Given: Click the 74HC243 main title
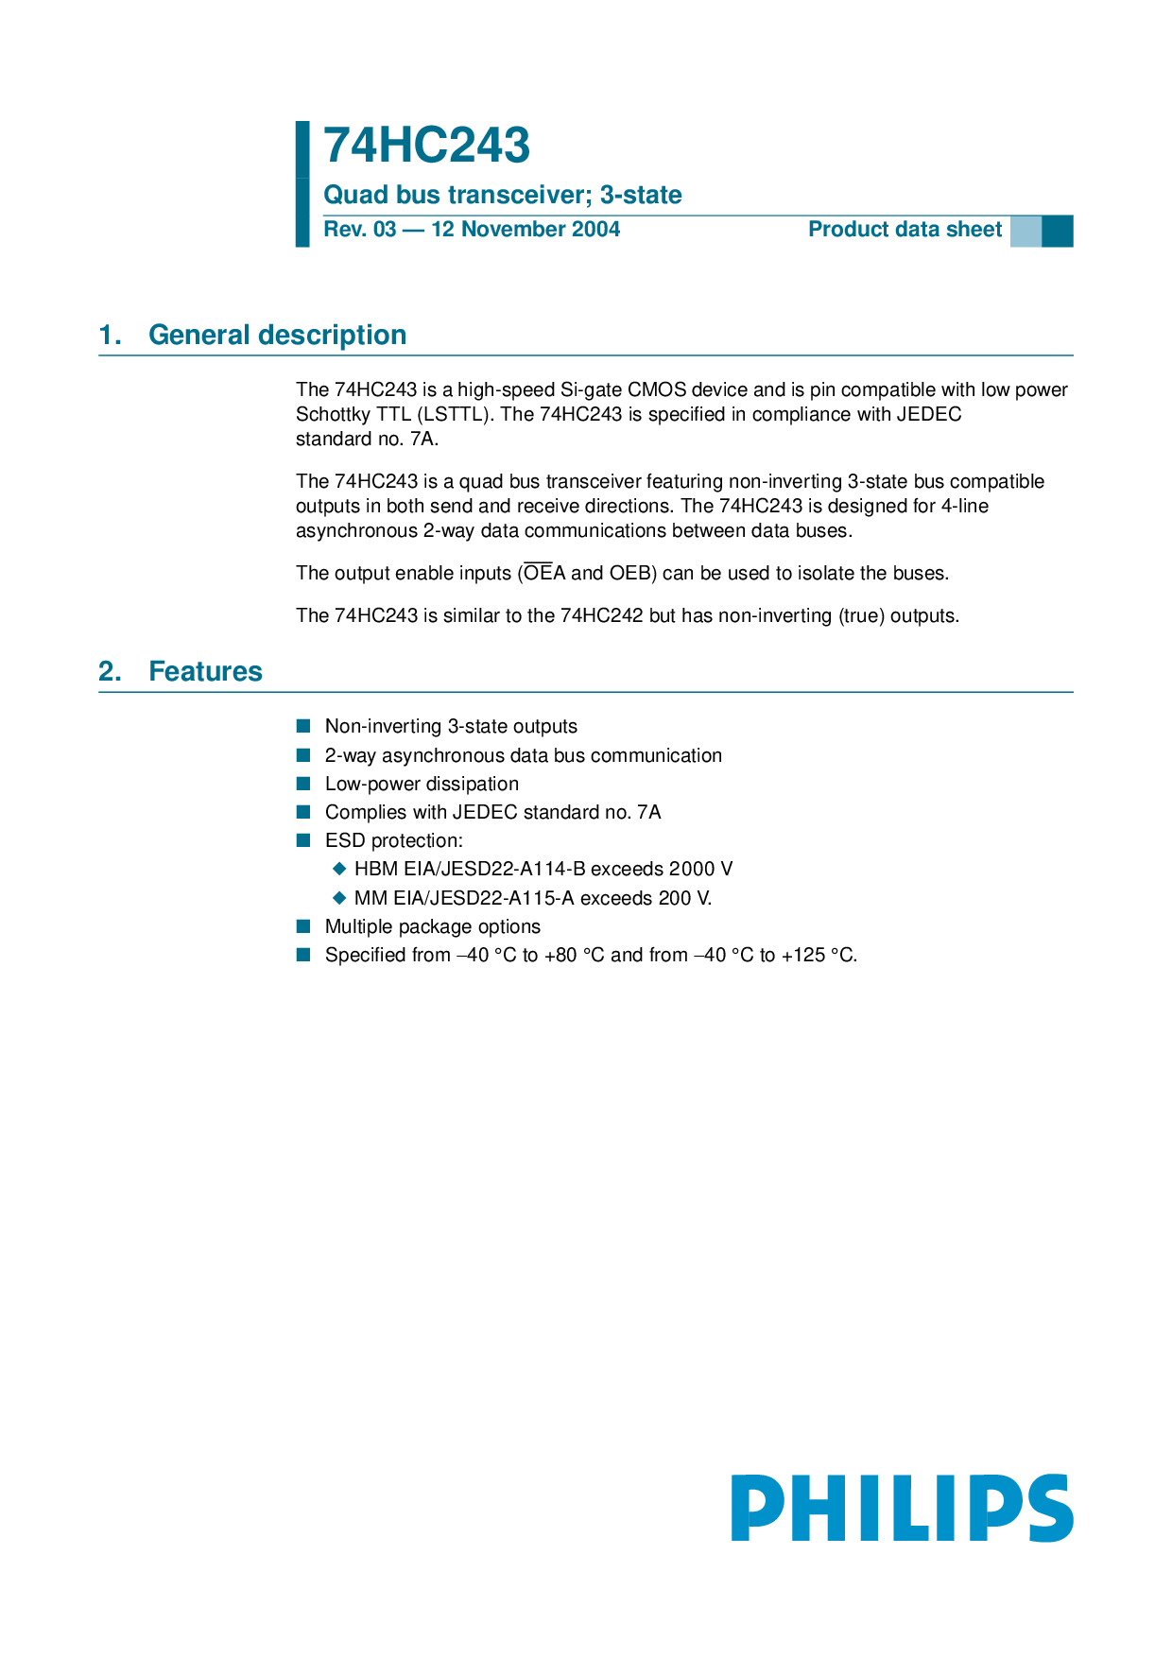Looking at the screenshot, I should [x=426, y=147].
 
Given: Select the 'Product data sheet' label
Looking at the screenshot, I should [x=905, y=230].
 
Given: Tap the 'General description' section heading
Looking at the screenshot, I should [x=277, y=335].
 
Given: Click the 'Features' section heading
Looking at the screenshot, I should [x=205, y=671].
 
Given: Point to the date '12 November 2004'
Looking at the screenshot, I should [x=526, y=230].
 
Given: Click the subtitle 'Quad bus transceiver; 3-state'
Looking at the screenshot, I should [x=502, y=195].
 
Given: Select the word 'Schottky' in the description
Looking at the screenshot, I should [x=333, y=415].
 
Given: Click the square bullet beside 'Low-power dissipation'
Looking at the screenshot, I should [x=303, y=784].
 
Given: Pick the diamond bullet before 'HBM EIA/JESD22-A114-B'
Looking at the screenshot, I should [x=340, y=869].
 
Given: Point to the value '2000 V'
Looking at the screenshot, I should [x=700, y=869].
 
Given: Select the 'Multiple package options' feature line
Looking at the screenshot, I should [x=433, y=927].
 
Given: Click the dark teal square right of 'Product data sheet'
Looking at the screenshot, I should [x=1057, y=232].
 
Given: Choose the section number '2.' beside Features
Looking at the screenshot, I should [x=110, y=671].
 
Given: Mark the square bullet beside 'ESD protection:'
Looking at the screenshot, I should [x=303, y=840].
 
